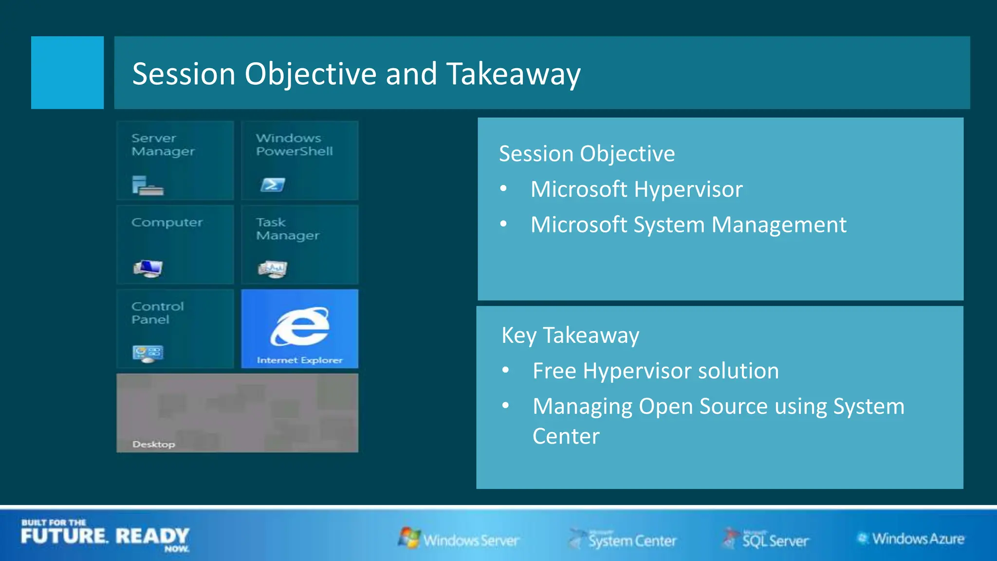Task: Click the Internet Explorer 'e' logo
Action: pos(300,326)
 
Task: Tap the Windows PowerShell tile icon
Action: pos(272,185)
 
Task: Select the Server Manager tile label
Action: pos(163,145)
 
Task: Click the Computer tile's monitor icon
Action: pos(148,268)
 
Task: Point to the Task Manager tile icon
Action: pos(273,269)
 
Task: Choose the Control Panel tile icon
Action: pos(148,353)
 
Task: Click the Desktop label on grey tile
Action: pos(153,444)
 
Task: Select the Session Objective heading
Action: pos(587,154)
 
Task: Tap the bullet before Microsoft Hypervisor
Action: pos(503,188)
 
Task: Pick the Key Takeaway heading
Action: pos(570,336)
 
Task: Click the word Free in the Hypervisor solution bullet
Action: pos(554,371)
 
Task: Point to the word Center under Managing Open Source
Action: pos(566,436)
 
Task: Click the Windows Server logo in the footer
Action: pos(459,539)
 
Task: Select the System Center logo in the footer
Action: pos(623,539)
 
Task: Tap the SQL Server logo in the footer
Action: pos(765,539)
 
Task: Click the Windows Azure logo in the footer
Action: pos(910,539)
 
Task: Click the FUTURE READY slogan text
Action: pos(105,536)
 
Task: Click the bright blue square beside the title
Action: pos(67,73)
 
